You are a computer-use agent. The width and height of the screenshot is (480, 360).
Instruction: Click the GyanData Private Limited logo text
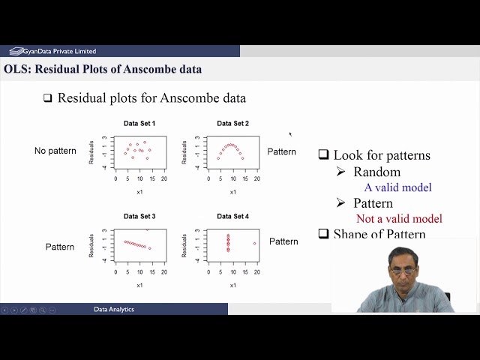[x=58, y=51]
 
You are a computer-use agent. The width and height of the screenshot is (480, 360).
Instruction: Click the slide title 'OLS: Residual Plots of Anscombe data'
[x=103, y=70]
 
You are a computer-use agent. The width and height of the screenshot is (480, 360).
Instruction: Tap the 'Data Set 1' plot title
[x=139, y=123]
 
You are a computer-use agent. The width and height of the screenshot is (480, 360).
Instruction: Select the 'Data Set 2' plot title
[x=232, y=123]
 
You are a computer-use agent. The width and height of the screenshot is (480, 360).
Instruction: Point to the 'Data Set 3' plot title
[x=139, y=216]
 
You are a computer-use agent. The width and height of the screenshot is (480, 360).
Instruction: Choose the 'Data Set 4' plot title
[x=232, y=216]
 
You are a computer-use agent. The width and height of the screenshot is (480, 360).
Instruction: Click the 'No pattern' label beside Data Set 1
[x=55, y=151]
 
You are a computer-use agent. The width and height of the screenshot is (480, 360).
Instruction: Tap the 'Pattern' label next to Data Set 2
[x=282, y=151]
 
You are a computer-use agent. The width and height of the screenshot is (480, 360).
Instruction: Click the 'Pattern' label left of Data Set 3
[x=60, y=247]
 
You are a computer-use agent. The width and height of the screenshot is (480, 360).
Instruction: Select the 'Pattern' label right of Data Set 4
[x=283, y=241]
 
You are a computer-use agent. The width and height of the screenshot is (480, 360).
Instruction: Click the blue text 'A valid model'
[x=397, y=187]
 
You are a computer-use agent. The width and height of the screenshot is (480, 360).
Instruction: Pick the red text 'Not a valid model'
[x=399, y=219]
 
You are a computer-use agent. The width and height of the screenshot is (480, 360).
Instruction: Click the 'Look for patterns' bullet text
[x=382, y=155]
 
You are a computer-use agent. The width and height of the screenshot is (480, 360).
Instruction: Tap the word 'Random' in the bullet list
[x=376, y=172]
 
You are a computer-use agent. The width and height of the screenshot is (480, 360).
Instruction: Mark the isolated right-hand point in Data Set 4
[x=254, y=243]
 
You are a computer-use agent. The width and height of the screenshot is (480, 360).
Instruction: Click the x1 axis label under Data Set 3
[x=139, y=285]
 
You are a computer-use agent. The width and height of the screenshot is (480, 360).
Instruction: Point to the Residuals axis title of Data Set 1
[x=91, y=152]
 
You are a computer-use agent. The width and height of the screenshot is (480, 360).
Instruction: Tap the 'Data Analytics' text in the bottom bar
[x=114, y=309]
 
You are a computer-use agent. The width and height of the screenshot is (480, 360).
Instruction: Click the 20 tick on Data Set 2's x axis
[x=256, y=179]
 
